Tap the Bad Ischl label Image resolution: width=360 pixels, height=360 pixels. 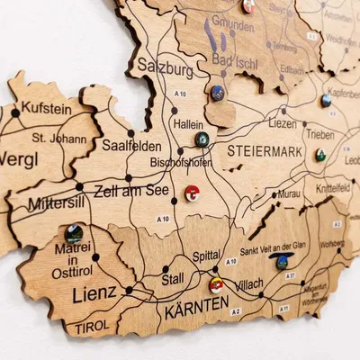[232, 59]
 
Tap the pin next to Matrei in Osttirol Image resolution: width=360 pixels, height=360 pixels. [73, 234]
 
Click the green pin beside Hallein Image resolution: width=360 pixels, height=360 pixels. [202, 139]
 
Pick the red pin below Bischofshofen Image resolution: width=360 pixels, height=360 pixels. [193, 193]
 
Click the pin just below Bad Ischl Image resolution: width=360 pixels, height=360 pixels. [218, 92]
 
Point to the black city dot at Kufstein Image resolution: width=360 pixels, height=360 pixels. [15, 112]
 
